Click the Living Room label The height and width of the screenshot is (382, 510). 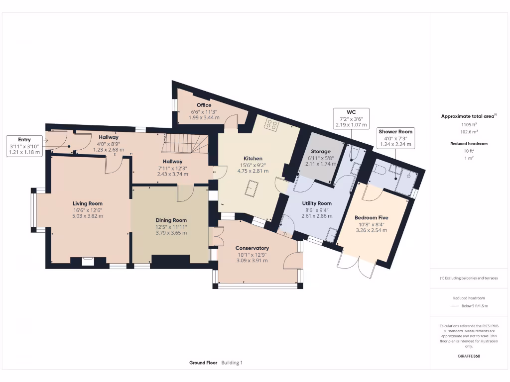pyautogui.click(x=87, y=203)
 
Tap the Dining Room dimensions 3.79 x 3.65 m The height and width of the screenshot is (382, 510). pyautogui.click(x=171, y=233)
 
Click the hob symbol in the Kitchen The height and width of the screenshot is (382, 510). pyautogui.click(x=271, y=124)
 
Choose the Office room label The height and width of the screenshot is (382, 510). pyautogui.click(x=204, y=105)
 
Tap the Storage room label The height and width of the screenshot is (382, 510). pyautogui.click(x=321, y=151)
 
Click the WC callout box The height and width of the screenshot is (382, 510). pyautogui.click(x=351, y=118)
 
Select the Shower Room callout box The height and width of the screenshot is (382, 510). pyautogui.click(x=398, y=138)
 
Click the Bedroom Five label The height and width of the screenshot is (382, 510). pyautogui.click(x=371, y=218)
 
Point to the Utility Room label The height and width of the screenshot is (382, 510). pyautogui.click(x=317, y=203)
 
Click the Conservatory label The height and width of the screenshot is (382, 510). pyautogui.click(x=252, y=248)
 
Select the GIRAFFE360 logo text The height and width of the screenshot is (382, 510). pyautogui.click(x=469, y=356)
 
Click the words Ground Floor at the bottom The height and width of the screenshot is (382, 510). pyautogui.click(x=203, y=363)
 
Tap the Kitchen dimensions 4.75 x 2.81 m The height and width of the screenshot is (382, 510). pyautogui.click(x=253, y=171)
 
